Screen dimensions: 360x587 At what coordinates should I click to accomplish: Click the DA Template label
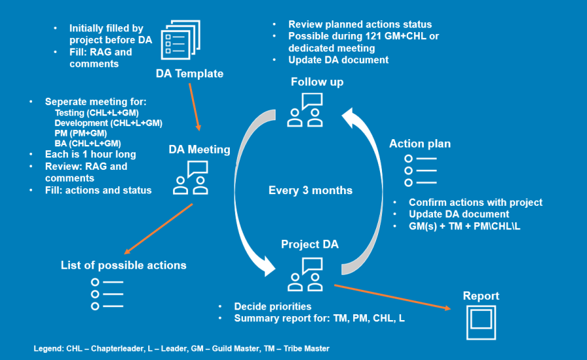[x=189, y=74]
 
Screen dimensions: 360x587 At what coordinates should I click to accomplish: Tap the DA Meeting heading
[x=199, y=150]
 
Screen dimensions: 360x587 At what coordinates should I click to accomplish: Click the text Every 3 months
[x=310, y=191]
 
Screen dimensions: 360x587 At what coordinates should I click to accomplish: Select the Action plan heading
[x=420, y=144]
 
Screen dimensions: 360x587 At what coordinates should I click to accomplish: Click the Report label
[x=481, y=296]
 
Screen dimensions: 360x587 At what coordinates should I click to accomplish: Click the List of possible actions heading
[x=123, y=265]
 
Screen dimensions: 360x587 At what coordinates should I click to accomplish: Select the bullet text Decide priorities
[x=272, y=306]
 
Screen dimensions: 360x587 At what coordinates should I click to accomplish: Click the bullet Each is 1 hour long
[x=90, y=155]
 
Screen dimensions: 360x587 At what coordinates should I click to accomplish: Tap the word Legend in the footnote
[x=48, y=349]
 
